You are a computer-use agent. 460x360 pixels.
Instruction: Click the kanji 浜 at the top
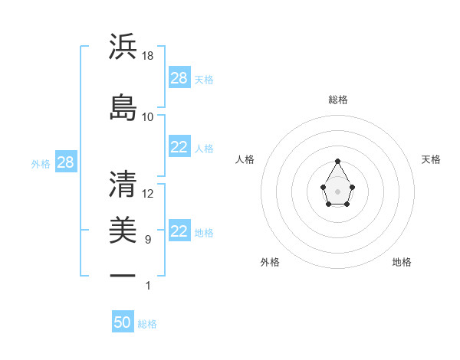123,48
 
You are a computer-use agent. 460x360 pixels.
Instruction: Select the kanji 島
123,108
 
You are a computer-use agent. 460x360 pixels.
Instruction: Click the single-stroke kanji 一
123,274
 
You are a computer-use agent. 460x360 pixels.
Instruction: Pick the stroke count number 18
148,57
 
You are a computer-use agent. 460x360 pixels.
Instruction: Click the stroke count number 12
148,194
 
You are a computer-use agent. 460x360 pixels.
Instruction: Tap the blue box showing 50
123,322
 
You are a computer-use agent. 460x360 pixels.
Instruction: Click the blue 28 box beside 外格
65,162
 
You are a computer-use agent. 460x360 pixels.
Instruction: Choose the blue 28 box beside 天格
179,77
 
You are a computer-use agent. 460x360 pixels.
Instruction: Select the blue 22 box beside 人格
179,147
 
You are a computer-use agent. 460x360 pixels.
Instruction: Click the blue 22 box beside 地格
179,231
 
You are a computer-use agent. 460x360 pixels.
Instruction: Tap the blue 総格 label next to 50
147,324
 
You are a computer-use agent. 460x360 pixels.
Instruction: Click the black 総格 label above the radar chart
338,100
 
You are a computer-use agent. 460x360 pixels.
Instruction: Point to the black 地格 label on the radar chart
402,262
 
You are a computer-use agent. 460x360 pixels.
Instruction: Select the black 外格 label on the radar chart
270,262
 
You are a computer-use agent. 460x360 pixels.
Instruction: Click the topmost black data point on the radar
338,161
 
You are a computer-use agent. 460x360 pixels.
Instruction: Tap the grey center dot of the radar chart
338,191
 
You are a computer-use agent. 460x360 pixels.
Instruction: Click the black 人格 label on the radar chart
245,159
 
